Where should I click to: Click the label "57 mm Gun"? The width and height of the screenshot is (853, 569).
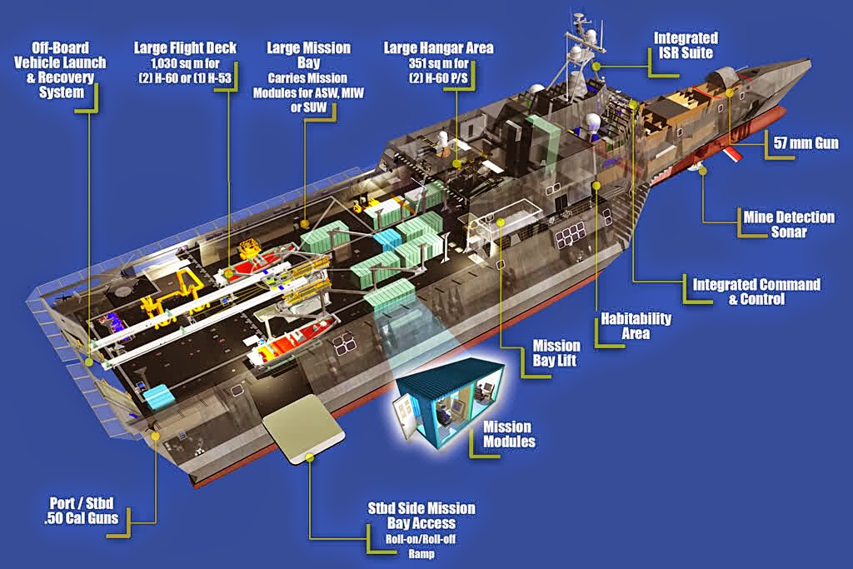[x=806, y=143]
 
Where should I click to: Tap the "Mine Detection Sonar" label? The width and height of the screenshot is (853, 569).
[x=789, y=224]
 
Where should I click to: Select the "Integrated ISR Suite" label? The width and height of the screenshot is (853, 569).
[x=686, y=45]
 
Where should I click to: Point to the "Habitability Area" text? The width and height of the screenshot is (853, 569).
[x=636, y=326]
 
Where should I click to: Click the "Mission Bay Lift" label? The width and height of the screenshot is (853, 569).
[x=556, y=353]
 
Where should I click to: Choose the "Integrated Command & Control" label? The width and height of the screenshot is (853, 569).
[x=756, y=292]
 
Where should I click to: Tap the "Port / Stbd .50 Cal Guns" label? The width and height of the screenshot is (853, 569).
[x=81, y=510]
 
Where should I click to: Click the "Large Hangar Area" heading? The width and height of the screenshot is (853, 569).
[x=438, y=47]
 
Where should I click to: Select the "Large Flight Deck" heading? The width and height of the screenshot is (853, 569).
[x=185, y=47]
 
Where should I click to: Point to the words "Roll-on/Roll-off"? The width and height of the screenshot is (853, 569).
[x=421, y=539]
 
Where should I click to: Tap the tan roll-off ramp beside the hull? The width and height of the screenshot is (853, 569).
[x=302, y=429]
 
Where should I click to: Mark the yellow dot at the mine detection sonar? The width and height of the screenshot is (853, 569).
[x=703, y=171]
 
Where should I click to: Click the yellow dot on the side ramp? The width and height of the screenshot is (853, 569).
[x=310, y=457]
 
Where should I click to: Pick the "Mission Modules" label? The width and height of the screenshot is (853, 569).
[x=509, y=434]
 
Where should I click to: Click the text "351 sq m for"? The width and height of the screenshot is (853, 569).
[x=438, y=63]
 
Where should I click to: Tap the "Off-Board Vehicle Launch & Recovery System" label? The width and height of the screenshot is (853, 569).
[x=60, y=70]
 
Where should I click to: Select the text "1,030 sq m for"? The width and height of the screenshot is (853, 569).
[x=185, y=63]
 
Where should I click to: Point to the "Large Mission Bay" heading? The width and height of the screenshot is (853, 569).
[x=308, y=55]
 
